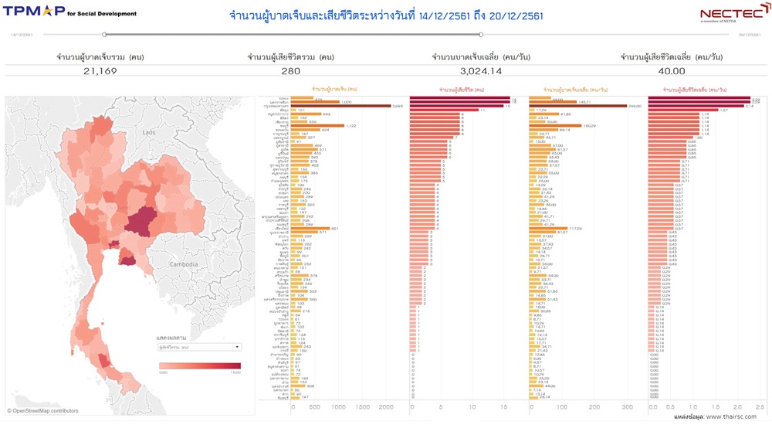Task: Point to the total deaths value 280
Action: click(290, 71)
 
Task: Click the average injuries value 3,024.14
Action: click(480, 71)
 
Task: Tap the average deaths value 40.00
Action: click(672, 71)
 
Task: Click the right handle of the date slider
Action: click(481, 35)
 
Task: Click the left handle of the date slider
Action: click(105, 35)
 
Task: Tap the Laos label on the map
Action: click(149, 133)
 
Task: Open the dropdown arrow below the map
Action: click(237, 347)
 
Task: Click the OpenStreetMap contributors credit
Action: click(45, 411)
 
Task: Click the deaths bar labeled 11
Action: click(444, 110)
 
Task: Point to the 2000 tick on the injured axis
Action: click(386, 406)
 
